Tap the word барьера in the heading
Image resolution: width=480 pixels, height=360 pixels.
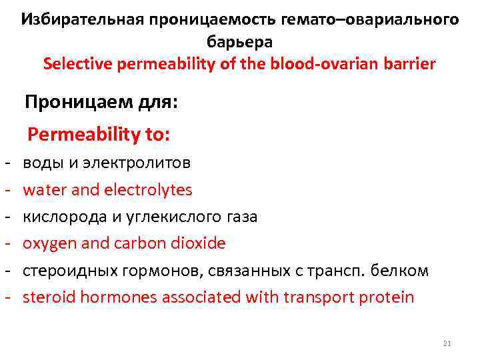pyautogui.click(x=239, y=41)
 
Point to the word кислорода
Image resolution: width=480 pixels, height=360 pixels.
pyautogui.click(x=64, y=217)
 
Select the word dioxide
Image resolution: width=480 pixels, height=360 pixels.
pyautogui.click(x=198, y=243)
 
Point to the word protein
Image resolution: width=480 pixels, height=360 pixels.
pyautogui.click(x=387, y=297)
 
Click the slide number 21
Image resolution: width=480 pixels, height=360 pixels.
pyautogui.click(x=447, y=343)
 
